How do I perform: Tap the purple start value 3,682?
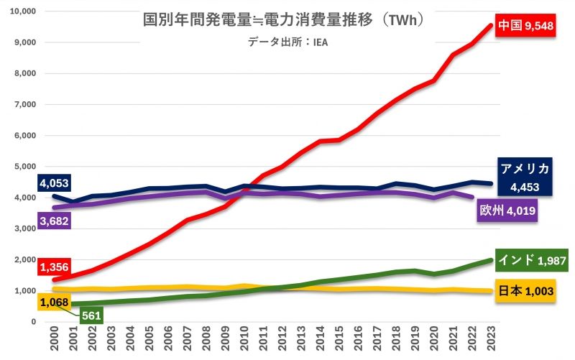point(54,221)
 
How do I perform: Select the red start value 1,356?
point(54,267)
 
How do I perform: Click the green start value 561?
point(91,315)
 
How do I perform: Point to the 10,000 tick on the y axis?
point(24,11)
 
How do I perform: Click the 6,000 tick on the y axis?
point(26,135)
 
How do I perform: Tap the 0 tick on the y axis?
point(34,321)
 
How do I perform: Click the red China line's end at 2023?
point(491,25)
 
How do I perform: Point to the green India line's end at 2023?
point(491,260)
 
